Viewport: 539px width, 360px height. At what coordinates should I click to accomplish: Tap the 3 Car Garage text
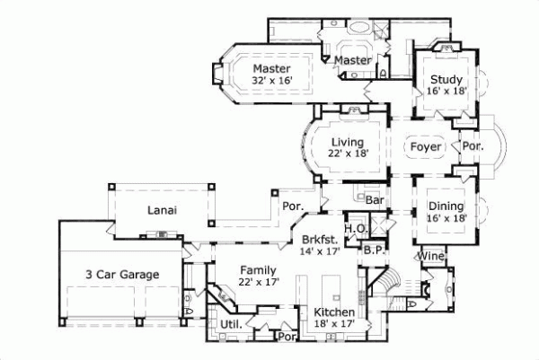click(x=122, y=274)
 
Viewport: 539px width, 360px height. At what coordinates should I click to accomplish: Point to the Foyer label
click(x=425, y=145)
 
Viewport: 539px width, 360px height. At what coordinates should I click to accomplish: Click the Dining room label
click(x=445, y=206)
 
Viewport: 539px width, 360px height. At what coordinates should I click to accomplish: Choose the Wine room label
click(x=429, y=257)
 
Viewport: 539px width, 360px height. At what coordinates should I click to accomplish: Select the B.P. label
click(x=374, y=250)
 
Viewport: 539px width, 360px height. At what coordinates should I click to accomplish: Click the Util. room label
click(x=219, y=324)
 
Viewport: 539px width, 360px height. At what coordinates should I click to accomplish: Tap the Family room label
click(x=259, y=268)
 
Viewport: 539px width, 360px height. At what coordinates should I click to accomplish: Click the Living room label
click(x=347, y=142)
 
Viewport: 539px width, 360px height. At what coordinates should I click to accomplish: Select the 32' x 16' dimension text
click(x=272, y=81)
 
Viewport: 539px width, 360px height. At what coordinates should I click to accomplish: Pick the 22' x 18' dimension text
click(x=348, y=154)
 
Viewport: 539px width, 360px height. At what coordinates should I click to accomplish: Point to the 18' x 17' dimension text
click(x=334, y=324)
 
